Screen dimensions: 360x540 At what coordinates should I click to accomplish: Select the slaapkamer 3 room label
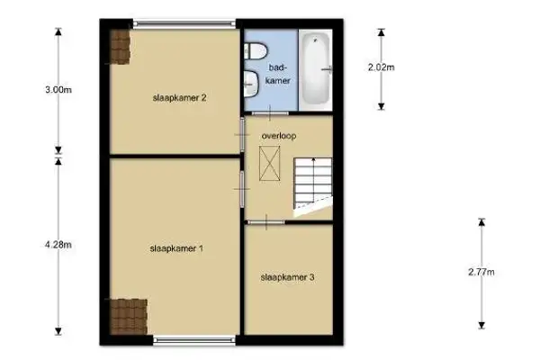click(287, 277)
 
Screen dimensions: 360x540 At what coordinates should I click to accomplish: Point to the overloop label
click(279, 136)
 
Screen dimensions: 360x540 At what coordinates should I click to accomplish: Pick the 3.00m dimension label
click(58, 90)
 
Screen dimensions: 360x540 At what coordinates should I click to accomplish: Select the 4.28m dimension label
click(58, 244)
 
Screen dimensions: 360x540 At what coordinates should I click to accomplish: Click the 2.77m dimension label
click(482, 272)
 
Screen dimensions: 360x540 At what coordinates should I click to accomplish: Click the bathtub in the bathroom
click(315, 68)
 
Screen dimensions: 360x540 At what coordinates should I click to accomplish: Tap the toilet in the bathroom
click(253, 54)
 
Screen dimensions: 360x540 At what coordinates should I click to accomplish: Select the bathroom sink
click(251, 85)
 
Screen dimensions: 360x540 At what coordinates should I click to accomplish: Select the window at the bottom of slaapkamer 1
click(195, 339)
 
